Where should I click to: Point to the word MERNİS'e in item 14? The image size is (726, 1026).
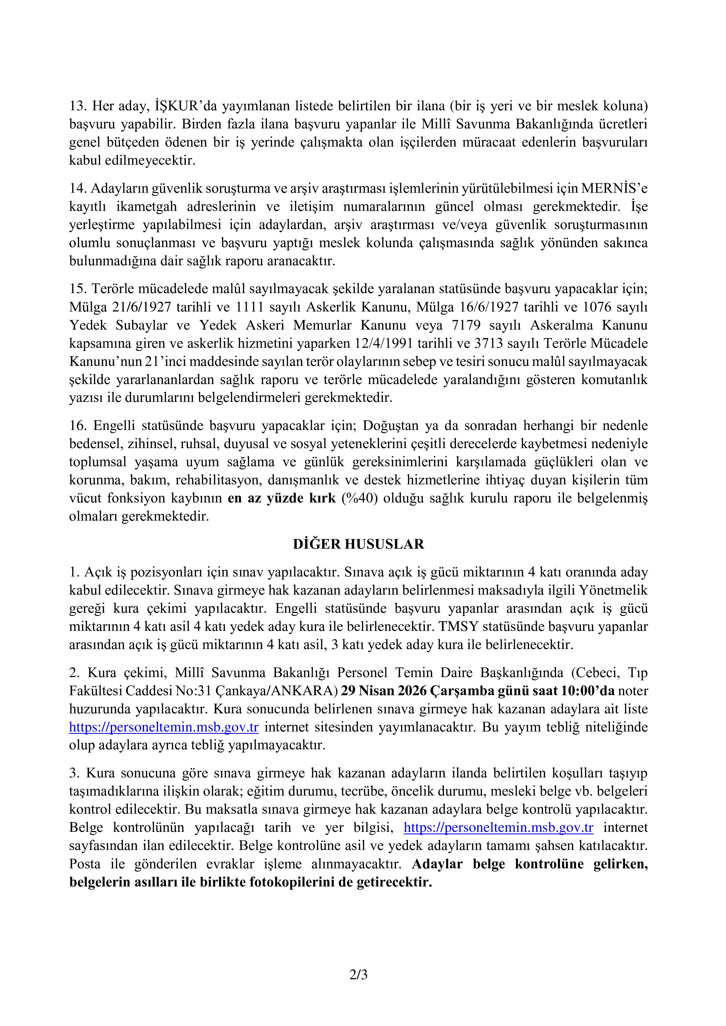tap(614, 189)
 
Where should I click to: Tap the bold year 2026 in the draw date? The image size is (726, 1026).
tap(411, 691)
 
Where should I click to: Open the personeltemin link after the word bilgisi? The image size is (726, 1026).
tap(498, 828)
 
